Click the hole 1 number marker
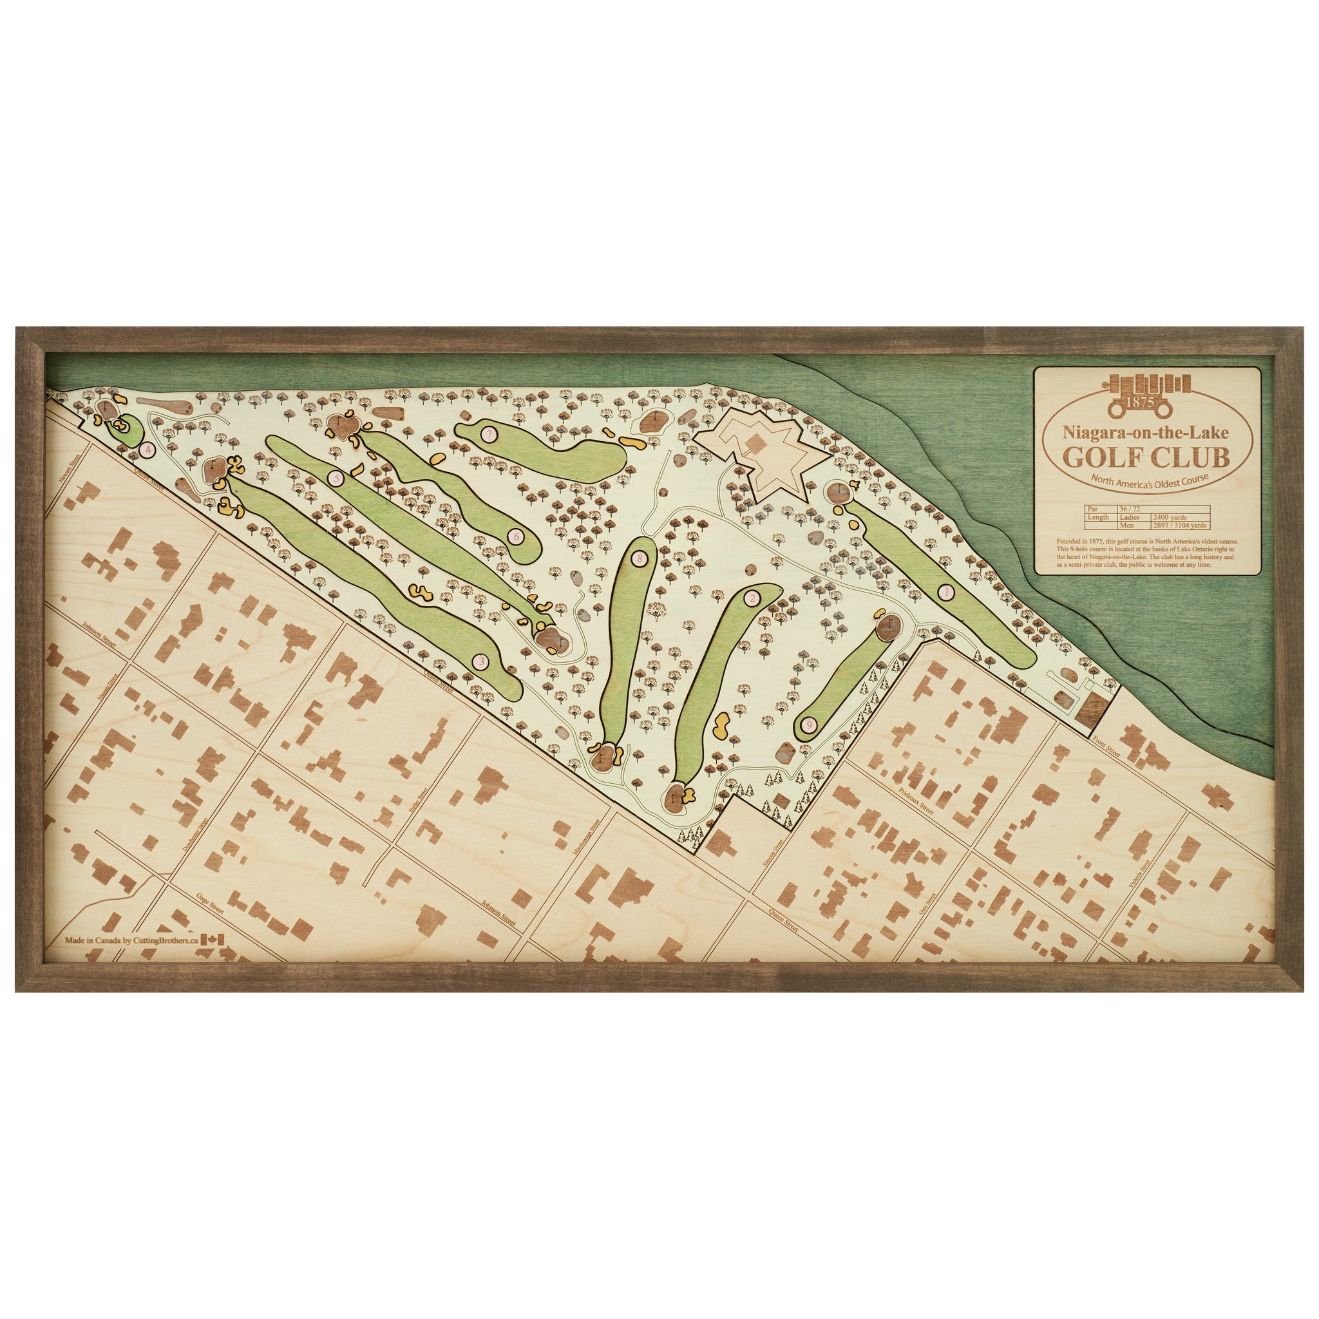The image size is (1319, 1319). [x=945, y=593]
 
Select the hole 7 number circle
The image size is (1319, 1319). [x=488, y=433]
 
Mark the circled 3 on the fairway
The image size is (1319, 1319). [x=480, y=661]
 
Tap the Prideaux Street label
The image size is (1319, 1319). [x=916, y=798]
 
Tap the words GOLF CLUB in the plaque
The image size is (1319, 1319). [x=1146, y=457]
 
